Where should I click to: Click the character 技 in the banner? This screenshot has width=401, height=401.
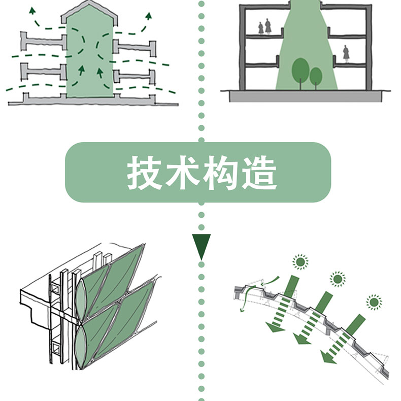point(144,173)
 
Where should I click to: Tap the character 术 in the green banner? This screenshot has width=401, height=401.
point(182,173)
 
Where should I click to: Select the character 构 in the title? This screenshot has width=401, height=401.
point(220,173)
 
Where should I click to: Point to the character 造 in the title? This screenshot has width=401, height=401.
point(259,173)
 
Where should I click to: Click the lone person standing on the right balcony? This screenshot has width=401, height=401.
point(346,54)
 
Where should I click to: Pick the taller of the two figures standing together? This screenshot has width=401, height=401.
point(268,26)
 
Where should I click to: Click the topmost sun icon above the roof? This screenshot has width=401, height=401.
point(300,261)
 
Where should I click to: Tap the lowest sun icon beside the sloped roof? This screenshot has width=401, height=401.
point(374,302)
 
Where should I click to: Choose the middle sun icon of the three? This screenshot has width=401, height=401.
point(338,279)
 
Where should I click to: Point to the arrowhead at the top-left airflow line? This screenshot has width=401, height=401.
point(32,11)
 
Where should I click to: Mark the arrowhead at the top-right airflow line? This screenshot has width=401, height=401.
point(149,16)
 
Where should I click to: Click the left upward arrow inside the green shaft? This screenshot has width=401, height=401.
point(82,70)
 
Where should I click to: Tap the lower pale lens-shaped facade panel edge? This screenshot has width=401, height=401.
point(80,346)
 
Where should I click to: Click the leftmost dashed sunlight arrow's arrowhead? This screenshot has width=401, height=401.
point(275,327)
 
